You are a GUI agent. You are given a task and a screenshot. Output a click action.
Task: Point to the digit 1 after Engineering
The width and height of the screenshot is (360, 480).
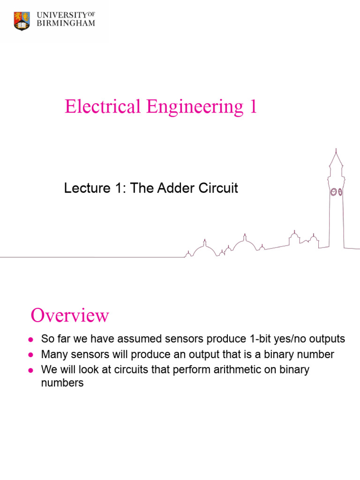253,107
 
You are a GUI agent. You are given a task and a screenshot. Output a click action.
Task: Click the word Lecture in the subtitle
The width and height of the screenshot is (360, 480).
82,188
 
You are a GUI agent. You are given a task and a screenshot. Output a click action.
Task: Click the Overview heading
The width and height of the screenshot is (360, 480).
70,315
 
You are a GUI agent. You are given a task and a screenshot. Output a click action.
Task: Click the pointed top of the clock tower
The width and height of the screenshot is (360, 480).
335,152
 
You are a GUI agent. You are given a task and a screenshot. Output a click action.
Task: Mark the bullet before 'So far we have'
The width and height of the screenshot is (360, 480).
30,339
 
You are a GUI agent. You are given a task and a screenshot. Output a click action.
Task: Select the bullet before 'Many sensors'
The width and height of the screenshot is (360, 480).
30,355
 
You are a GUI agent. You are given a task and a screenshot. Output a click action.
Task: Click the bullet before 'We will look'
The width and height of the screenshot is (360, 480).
30,370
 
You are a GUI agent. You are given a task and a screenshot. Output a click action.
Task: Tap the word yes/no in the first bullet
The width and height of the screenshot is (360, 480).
287,339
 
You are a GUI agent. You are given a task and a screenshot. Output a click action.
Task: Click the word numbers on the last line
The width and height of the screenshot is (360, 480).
62,382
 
